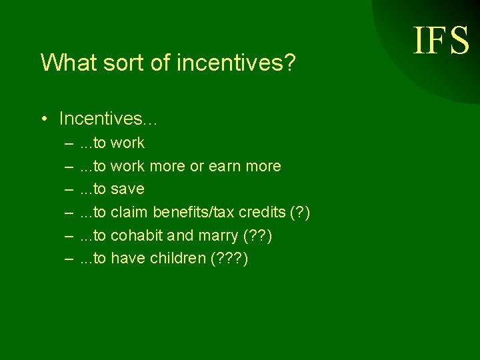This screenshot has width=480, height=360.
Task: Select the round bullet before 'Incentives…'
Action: pyautogui.click(x=43, y=119)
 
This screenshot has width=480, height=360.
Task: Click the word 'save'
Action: pyautogui.click(x=127, y=189)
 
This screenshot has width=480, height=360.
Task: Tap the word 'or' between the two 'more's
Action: pyautogui.click(x=197, y=166)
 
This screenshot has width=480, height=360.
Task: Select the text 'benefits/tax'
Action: pyautogui.click(x=194, y=213)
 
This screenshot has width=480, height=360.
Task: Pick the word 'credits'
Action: pyautogui.click(x=263, y=213)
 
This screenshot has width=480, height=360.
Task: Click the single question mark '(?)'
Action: pyautogui.click(x=300, y=213)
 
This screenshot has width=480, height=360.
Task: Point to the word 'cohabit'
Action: pyautogui.click(x=137, y=236)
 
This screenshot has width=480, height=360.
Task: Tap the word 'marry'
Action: pyautogui.click(x=217, y=236)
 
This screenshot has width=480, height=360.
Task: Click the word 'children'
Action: pyautogui.click(x=173, y=259)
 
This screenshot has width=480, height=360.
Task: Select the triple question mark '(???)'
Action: pyautogui.click(x=229, y=259)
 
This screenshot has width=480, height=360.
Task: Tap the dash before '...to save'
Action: pyautogui.click(x=69, y=189)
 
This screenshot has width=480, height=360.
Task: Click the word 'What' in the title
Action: pyautogui.click(x=63, y=63)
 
